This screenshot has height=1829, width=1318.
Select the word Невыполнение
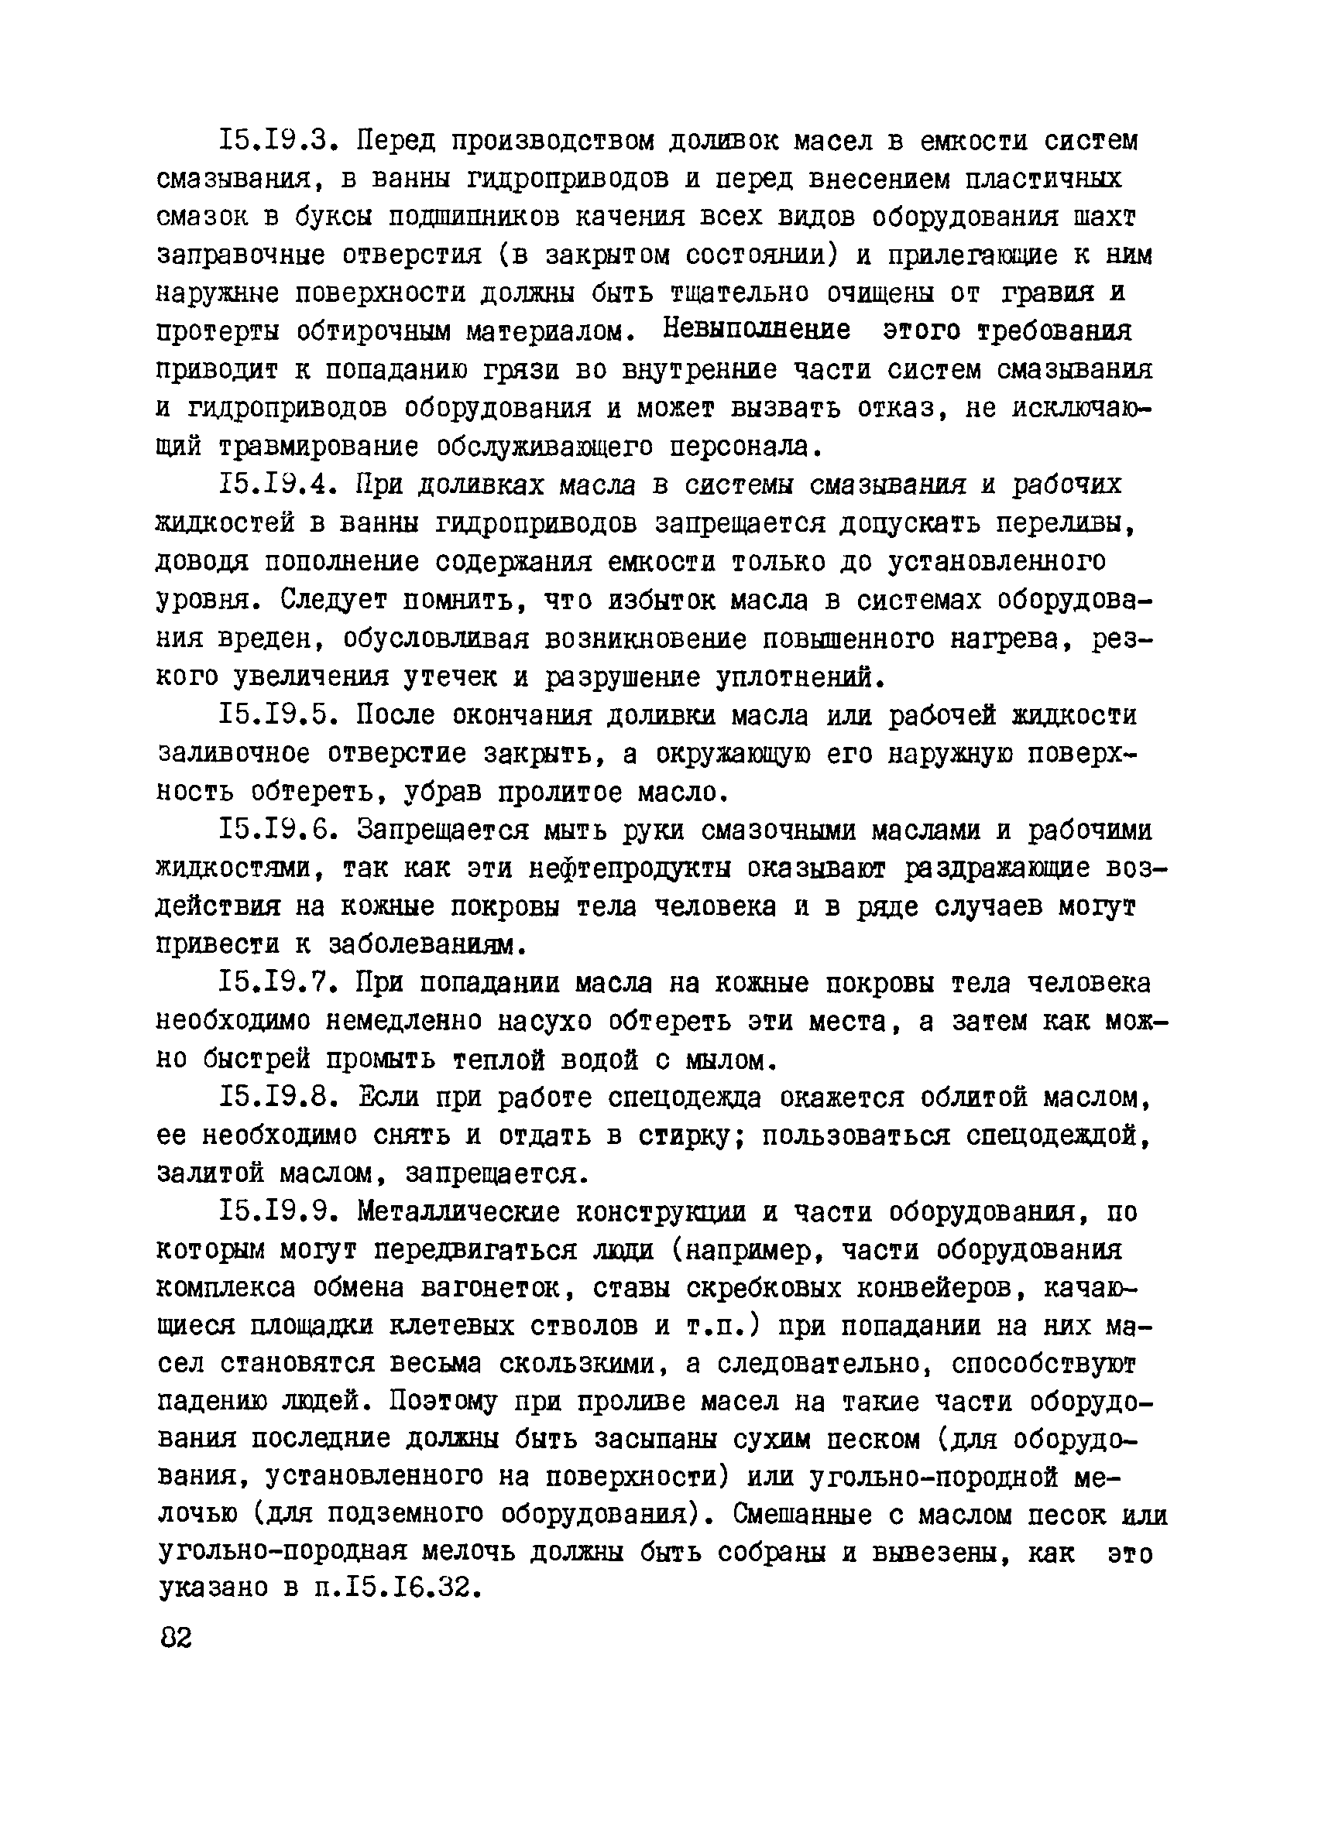coord(757,331)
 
